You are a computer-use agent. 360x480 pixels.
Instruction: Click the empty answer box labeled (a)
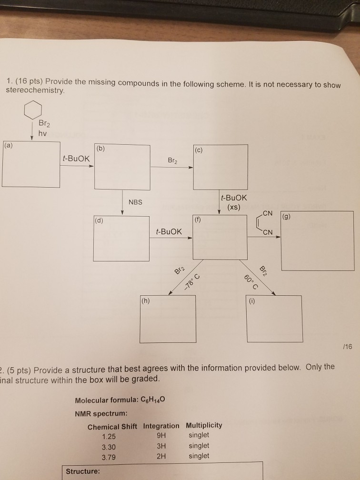pos(31,164)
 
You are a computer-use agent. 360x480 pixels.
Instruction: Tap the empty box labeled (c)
pos(220,168)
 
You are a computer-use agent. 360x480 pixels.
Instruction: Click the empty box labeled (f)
pos(219,238)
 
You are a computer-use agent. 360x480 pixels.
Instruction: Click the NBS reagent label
pos(135,202)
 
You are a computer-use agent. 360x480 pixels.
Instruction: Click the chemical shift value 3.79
pos(109,456)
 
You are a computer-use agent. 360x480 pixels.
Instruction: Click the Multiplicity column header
pos(204,425)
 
